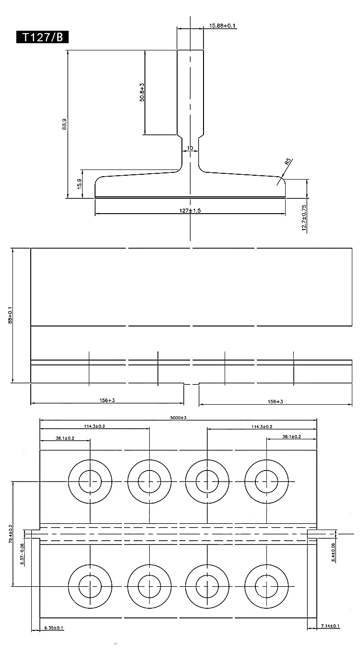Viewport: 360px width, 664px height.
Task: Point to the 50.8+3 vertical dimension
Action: pos(142,92)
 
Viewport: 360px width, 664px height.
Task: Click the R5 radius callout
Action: pos(288,162)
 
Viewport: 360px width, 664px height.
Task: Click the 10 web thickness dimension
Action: pos(190,148)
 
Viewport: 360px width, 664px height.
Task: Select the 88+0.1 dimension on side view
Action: pos(11,315)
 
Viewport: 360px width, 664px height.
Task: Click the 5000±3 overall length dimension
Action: pos(178,418)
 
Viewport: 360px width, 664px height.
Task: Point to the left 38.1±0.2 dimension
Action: pos(65,437)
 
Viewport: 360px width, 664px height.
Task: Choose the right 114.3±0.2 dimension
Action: pos(262,426)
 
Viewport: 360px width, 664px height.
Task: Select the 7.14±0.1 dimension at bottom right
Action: pos(330,626)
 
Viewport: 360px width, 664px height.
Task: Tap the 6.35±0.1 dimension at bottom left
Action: pos(54,628)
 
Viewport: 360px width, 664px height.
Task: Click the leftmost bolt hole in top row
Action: pos(90,481)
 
